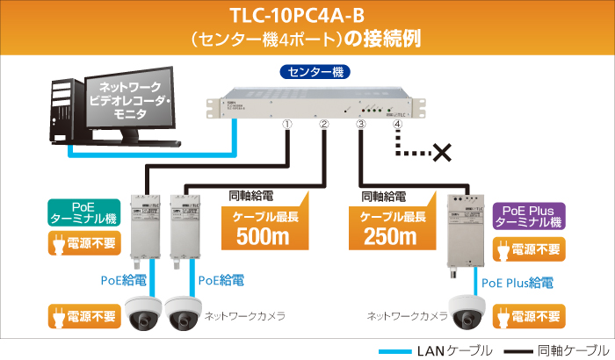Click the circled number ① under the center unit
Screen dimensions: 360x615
click(286, 124)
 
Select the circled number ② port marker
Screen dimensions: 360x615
click(324, 124)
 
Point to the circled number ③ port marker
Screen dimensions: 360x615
click(360, 124)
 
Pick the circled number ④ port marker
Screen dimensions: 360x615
click(398, 125)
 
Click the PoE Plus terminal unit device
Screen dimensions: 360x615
click(465, 230)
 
